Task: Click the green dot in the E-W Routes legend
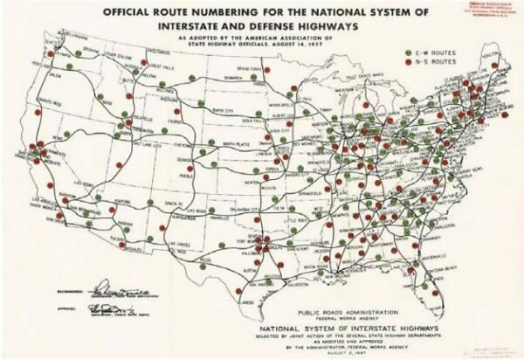(410, 52)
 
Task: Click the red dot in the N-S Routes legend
(410, 64)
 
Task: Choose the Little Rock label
(316, 218)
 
